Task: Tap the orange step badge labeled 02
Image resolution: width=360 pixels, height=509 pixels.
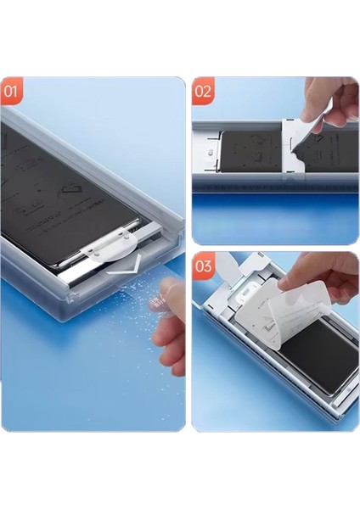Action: tap(203, 89)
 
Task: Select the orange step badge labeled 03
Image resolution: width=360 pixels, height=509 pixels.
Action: tap(203, 265)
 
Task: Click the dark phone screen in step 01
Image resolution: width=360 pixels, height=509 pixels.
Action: tap(68, 195)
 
